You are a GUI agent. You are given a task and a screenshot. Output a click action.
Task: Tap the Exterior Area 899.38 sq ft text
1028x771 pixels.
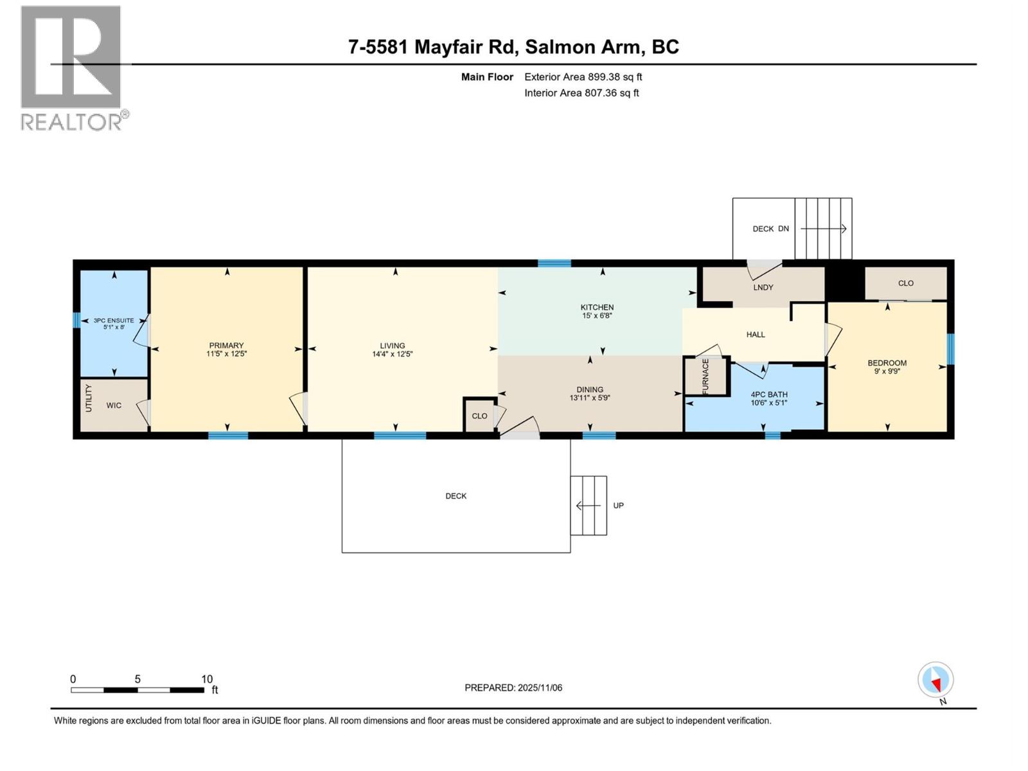(583, 77)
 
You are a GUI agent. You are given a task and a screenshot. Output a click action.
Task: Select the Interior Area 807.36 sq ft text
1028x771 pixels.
(581, 93)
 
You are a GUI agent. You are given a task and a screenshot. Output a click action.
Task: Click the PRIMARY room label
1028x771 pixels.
(226, 346)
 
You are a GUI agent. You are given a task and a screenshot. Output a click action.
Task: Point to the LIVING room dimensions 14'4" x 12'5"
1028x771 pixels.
(393, 354)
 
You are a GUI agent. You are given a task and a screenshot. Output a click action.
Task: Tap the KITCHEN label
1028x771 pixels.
(597, 307)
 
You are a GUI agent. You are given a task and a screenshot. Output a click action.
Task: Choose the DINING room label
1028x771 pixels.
(590, 389)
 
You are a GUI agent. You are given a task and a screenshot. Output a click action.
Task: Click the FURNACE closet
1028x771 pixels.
(706, 377)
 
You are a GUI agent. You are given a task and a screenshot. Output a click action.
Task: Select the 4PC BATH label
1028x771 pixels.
(768, 394)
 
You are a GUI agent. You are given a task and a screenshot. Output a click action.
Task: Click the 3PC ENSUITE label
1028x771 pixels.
(114, 320)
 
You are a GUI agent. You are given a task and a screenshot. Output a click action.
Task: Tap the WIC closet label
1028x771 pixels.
(114, 405)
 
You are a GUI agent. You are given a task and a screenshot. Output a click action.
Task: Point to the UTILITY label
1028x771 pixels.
(89, 398)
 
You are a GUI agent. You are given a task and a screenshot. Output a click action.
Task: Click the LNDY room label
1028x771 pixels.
(763, 287)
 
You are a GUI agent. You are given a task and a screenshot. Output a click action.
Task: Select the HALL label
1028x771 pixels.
(756, 335)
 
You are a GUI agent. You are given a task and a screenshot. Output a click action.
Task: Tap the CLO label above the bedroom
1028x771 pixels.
(905, 283)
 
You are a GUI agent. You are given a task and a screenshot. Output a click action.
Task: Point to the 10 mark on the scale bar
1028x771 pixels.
(206, 679)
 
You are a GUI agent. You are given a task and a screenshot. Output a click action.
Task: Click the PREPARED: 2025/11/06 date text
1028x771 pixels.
(513, 687)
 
